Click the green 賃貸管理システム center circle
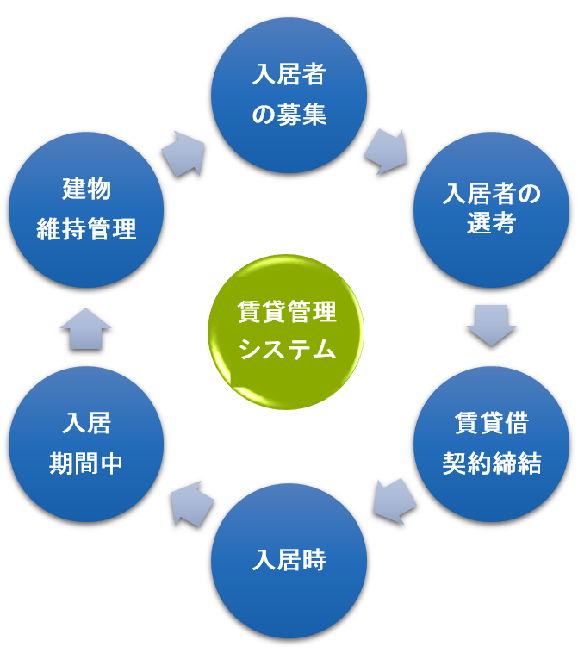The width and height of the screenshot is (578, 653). pos(286,331)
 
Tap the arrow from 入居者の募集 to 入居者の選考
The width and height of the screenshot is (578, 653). pos(384,151)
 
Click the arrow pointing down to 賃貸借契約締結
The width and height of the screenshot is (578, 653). pos(491,324)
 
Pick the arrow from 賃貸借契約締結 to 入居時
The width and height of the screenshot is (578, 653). pos(394,501)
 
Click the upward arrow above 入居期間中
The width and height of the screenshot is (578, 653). pos(86,328)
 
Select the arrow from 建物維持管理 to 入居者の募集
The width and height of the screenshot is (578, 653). pos(183,152)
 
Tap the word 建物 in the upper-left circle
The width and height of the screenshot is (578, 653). pos(86,189)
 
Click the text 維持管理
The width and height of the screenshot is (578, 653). pos(86,229)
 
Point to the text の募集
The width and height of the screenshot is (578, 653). pos(289,115)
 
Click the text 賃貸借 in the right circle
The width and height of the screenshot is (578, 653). pos(491,423)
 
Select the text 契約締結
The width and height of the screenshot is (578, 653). pos(491,463)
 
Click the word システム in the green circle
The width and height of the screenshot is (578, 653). pos(287,350)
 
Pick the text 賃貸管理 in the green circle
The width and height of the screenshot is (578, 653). pos(287,312)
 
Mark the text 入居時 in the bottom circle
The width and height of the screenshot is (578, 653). pos(289,560)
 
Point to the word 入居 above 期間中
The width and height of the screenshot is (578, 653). pos(86,423)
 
